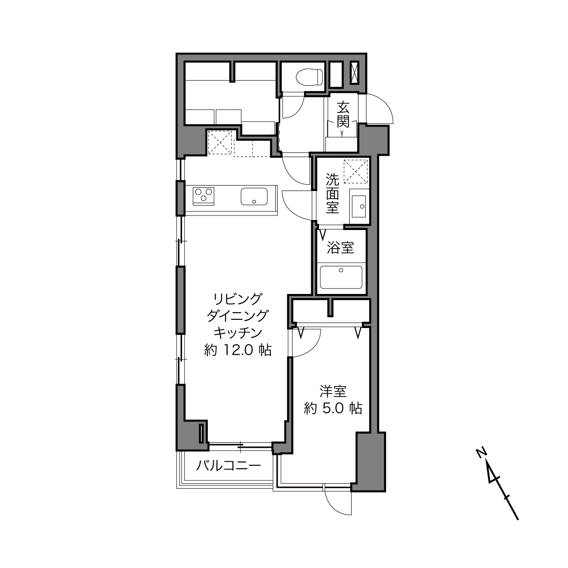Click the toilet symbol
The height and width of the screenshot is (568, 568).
(x=309, y=77)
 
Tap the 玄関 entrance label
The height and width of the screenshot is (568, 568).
(x=343, y=114)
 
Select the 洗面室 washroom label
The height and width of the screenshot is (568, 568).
(x=332, y=193)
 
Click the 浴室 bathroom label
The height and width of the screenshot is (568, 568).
(x=340, y=248)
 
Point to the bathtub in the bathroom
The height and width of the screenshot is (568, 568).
(x=341, y=278)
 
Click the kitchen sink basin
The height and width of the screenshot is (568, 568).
(x=254, y=196)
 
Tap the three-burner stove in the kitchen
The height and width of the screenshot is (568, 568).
(x=203, y=196)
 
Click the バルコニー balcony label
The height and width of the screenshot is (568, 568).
(x=229, y=466)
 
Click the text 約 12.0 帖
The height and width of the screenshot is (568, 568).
(x=238, y=351)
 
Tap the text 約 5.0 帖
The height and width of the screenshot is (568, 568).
(x=333, y=408)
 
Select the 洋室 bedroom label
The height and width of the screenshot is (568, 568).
(x=333, y=391)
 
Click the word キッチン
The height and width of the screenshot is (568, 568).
(x=238, y=333)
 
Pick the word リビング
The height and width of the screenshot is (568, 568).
(x=238, y=299)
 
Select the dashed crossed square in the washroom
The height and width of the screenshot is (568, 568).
(x=356, y=171)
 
